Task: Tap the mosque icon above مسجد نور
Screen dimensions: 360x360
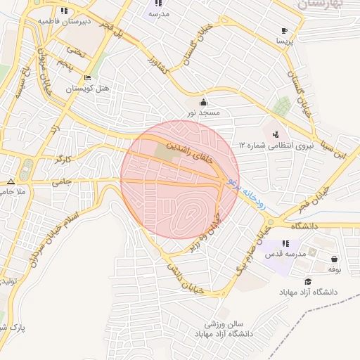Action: point(205,101)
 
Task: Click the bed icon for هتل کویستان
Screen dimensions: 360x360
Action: point(86,77)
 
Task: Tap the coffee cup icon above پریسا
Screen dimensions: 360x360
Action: point(284,30)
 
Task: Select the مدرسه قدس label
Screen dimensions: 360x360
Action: point(283,254)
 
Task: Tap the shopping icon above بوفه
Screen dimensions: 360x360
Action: point(333,258)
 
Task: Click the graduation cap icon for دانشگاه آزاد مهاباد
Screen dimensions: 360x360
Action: point(309,281)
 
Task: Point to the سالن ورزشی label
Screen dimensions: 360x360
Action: point(224,324)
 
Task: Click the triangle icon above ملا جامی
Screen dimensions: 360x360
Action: point(11,181)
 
